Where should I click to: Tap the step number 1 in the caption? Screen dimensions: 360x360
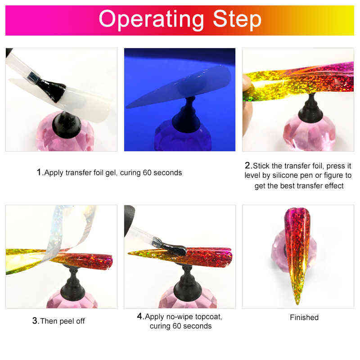pos(39,172)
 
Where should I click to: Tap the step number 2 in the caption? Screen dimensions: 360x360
pos(248,165)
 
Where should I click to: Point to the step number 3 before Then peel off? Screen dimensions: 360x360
pos(35,321)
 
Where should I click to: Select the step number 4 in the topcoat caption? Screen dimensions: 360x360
pos(139,316)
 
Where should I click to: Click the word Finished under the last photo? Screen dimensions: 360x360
pos(304,317)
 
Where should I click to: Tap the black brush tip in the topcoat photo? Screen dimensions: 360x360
pos(173,247)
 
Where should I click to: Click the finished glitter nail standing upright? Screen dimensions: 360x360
pos(297,252)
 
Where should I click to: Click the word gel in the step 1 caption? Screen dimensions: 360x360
pos(108,173)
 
